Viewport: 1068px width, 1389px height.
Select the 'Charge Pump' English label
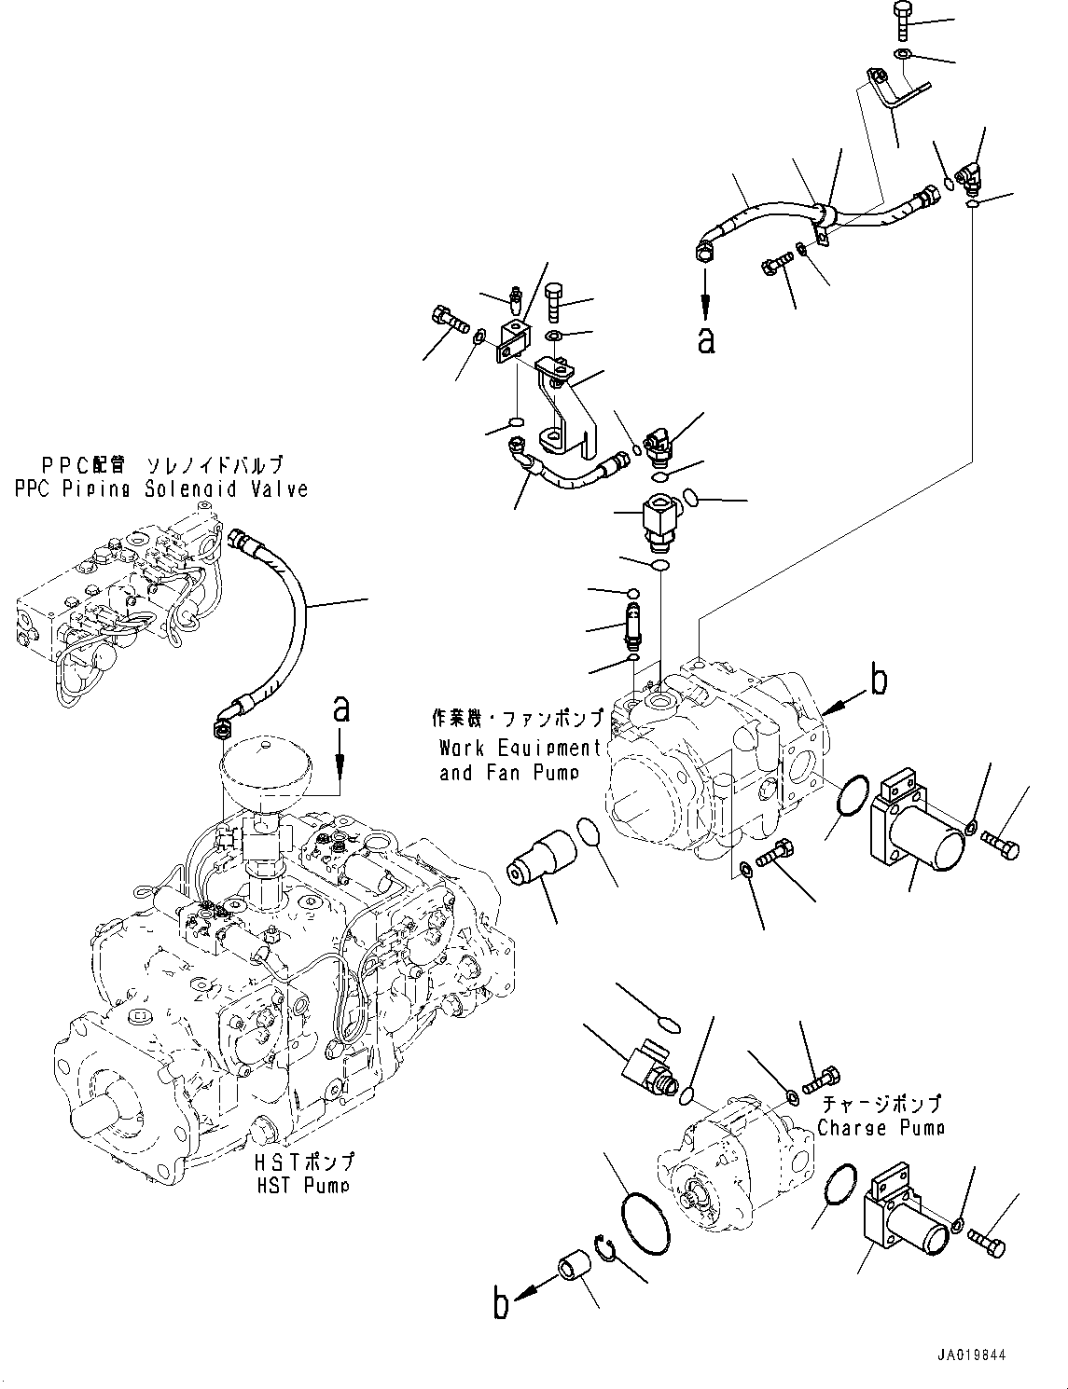(881, 1128)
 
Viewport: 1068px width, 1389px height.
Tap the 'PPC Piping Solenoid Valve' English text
(160, 488)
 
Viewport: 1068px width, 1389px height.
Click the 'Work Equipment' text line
(520, 748)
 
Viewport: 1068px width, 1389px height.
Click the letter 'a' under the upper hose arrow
(706, 340)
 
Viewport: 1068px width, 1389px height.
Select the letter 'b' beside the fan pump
(877, 681)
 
